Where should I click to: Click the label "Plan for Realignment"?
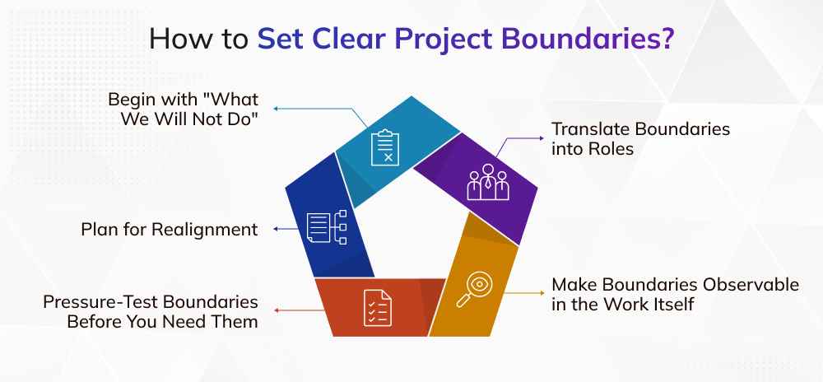(170, 229)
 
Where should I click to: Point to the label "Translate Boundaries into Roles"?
(640, 140)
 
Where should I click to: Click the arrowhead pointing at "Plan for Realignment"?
(276, 229)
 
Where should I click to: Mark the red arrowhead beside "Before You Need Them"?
(276, 310)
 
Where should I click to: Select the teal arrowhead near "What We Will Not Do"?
(276, 108)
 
